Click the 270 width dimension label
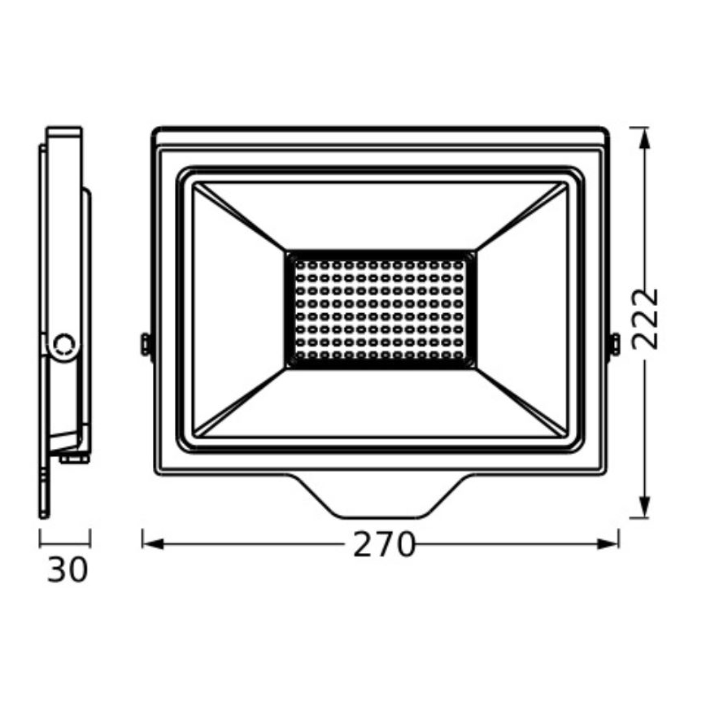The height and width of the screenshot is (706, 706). (x=384, y=544)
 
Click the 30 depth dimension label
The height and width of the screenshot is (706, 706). (x=68, y=569)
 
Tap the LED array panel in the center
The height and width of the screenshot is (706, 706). (x=379, y=307)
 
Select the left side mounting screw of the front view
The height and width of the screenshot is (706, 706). (x=146, y=343)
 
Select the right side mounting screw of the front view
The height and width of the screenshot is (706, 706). (x=614, y=343)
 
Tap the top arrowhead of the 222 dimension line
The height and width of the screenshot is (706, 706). (x=644, y=138)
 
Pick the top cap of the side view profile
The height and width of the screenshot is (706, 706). (x=64, y=131)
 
